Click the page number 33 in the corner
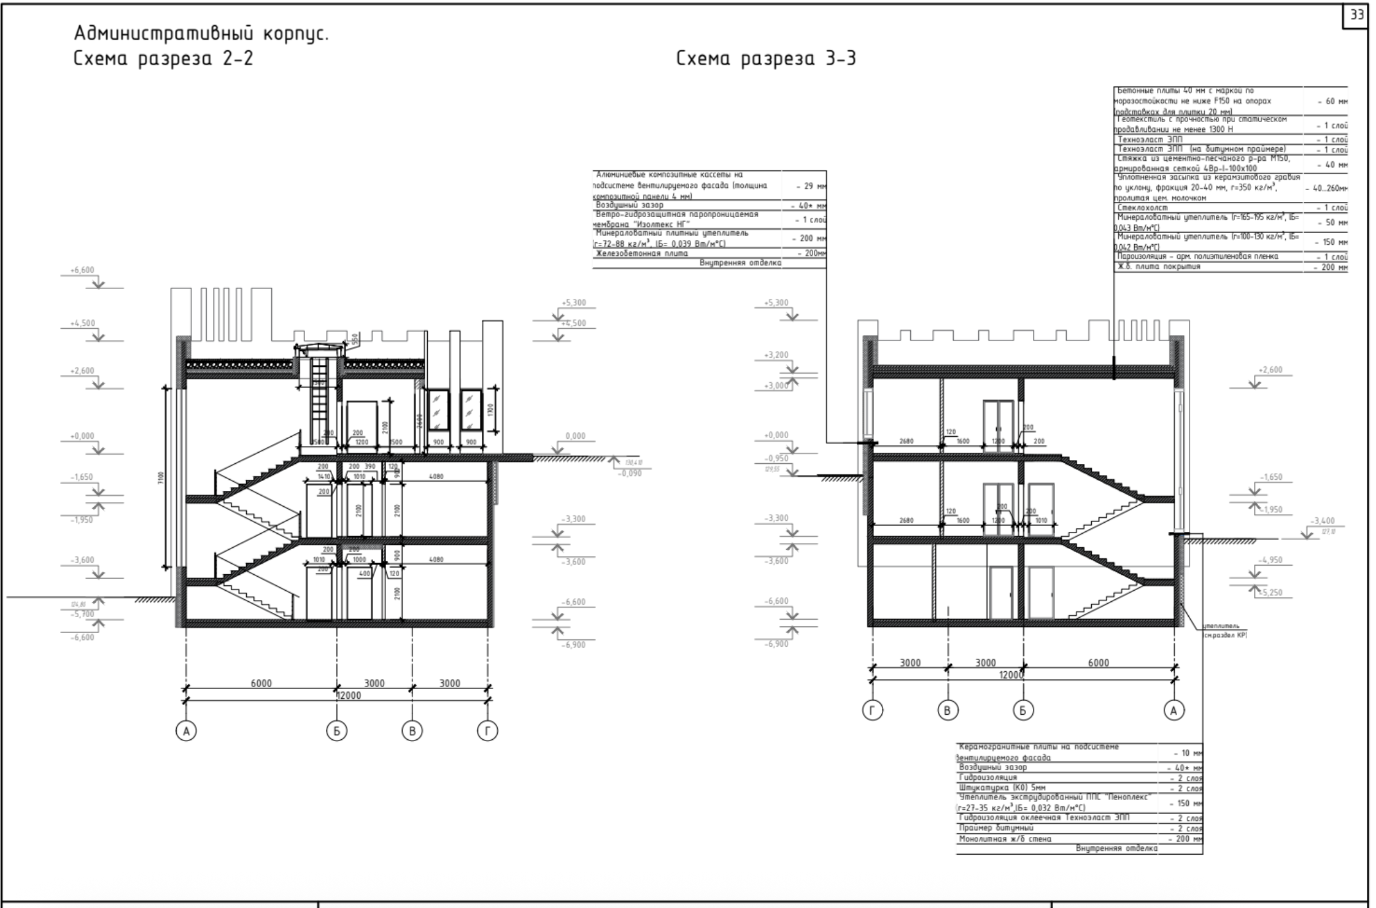1356,14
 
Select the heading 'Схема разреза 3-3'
765,59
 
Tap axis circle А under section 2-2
186,731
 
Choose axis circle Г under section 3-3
872,710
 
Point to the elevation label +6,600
82,271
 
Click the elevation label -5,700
82,614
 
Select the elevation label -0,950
776,458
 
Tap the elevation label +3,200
776,355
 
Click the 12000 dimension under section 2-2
348,695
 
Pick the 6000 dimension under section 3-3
1099,663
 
